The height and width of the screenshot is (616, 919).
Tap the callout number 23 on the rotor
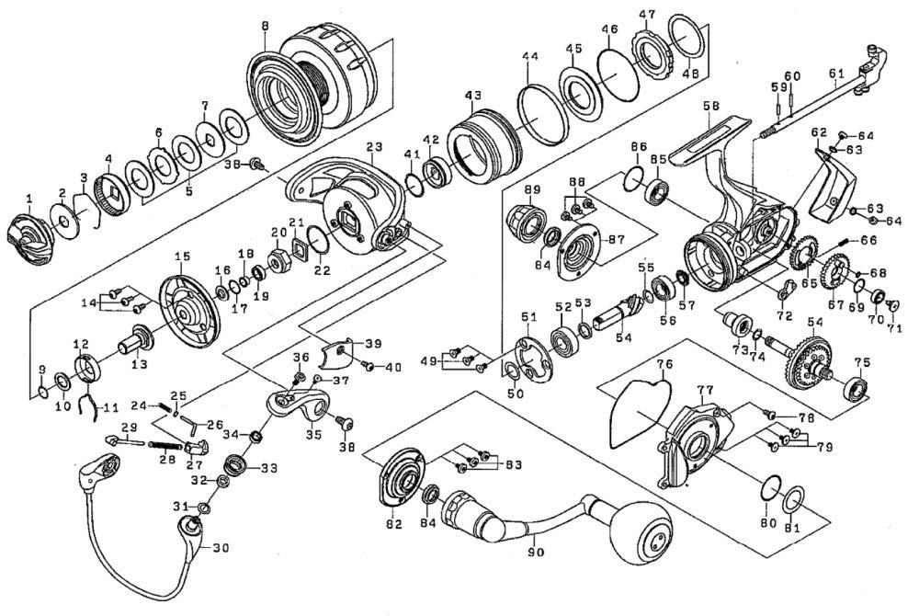[x=373, y=147]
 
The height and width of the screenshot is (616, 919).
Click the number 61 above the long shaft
[x=834, y=74]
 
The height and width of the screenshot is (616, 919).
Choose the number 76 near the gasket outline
[x=665, y=364]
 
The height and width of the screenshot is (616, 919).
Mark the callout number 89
[x=531, y=190]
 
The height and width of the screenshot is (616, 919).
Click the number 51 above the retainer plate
[x=528, y=317]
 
